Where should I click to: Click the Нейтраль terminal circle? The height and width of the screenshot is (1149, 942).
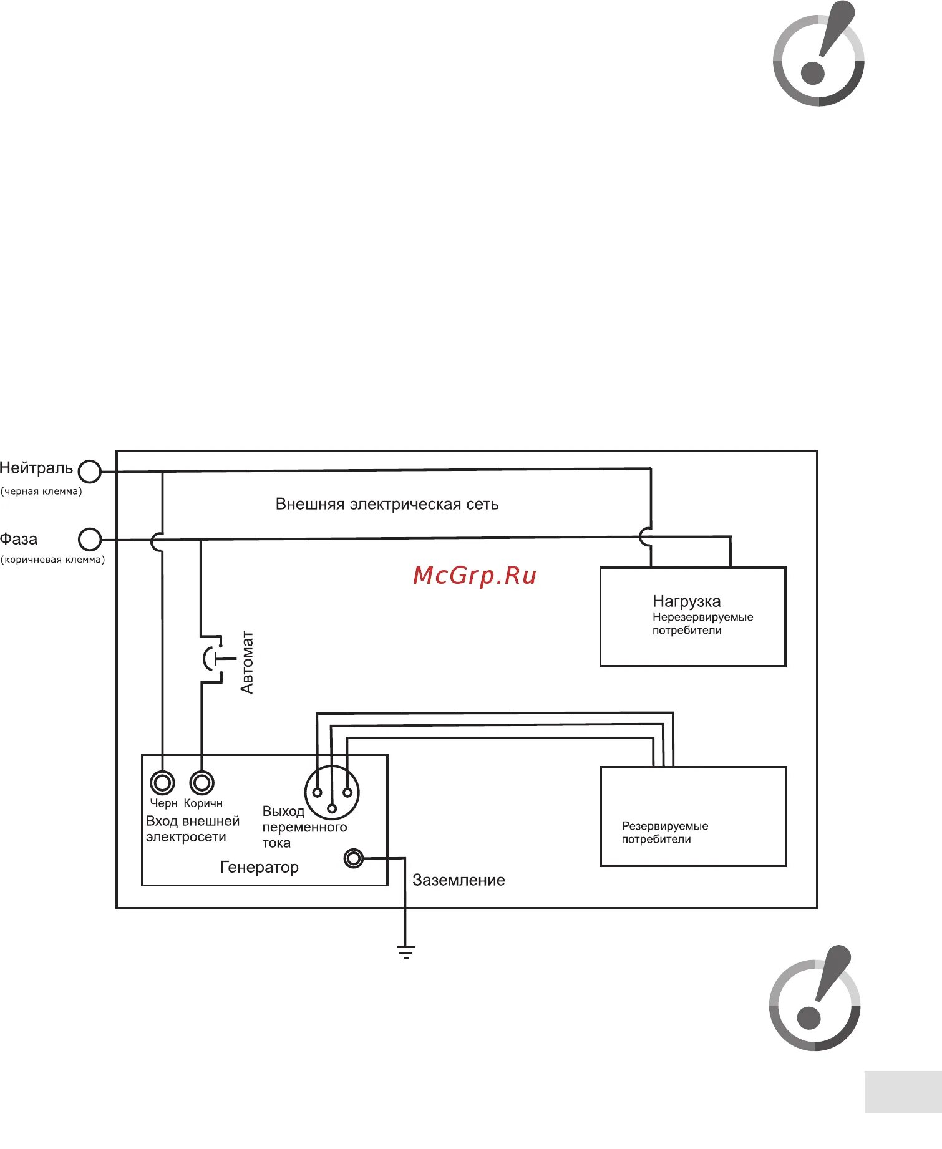[90, 472]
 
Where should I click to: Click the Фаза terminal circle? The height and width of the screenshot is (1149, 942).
[90, 540]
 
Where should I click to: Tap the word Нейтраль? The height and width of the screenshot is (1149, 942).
[36, 468]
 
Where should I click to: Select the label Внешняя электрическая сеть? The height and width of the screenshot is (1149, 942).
[387, 504]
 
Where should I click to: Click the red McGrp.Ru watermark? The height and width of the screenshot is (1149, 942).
[475, 575]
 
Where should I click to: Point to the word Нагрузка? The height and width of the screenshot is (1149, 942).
[686, 601]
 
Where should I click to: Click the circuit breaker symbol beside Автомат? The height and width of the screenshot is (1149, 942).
[212, 659]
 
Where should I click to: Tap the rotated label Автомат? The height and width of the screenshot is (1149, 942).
[247, 662]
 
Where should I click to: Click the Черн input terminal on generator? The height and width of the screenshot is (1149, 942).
[162, 782]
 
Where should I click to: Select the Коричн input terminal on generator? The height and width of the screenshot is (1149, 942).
[202, 782]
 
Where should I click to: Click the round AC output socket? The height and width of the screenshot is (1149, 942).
[332, 793]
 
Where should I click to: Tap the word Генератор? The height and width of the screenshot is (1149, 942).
[260, 867]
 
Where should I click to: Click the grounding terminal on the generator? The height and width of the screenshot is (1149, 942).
[354, 859]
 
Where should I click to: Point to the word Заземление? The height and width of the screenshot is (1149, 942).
[459, 880]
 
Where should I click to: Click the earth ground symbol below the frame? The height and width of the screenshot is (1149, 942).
[405, 952]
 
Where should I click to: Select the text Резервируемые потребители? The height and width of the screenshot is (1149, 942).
[665, 832]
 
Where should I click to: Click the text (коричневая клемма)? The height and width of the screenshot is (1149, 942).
[53, 560]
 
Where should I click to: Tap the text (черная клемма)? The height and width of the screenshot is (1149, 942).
[41, 492]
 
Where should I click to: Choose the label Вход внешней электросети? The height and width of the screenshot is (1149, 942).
[192, 829]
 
